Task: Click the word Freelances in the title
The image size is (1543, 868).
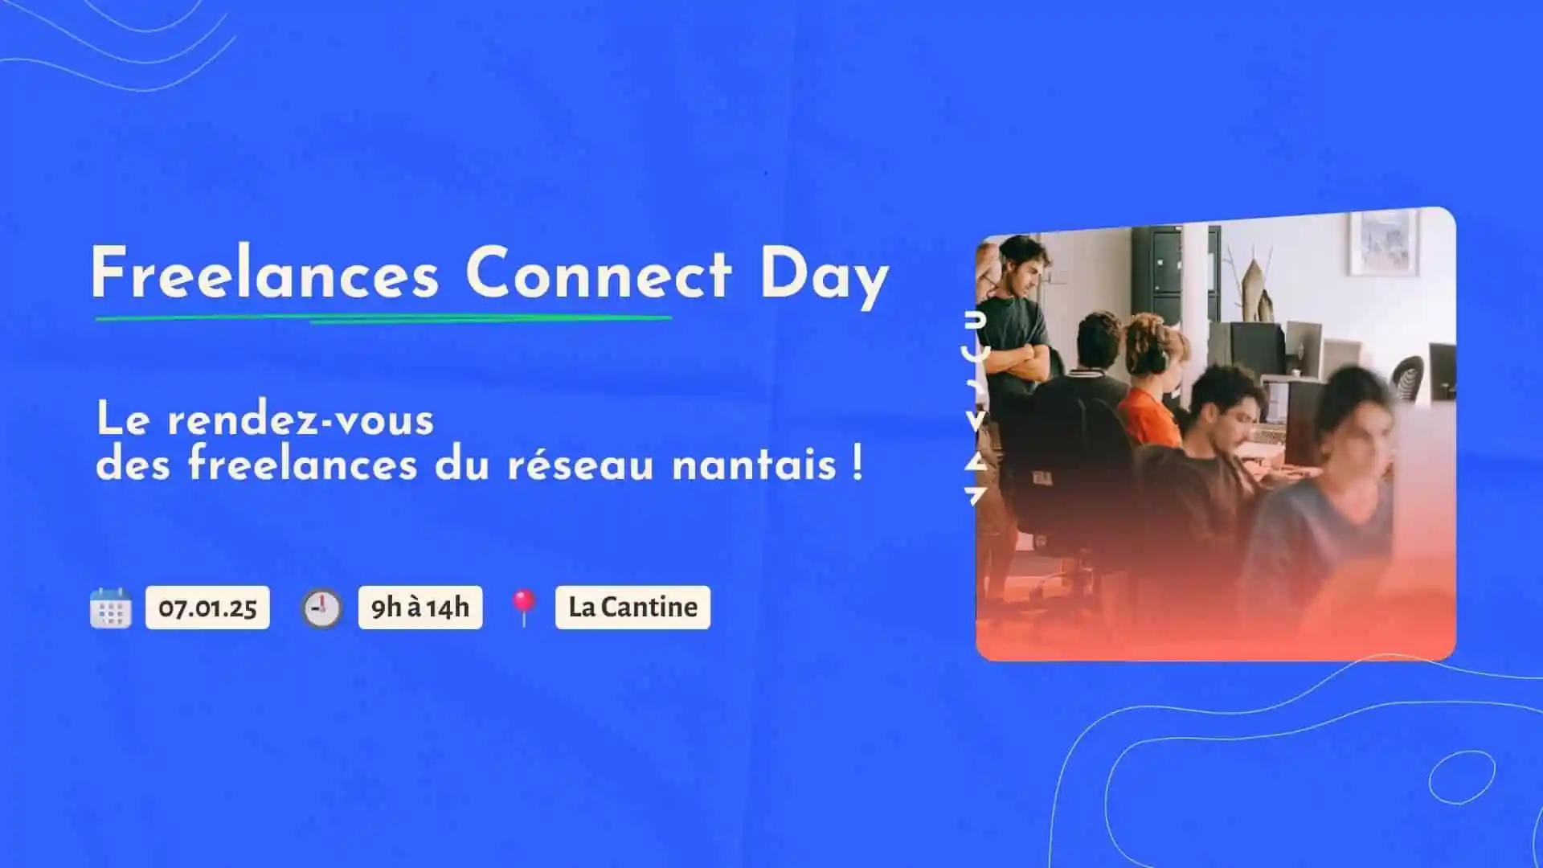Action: coord(265,273)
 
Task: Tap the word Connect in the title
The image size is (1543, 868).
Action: coord(599,273)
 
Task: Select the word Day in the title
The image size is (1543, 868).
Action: coord(825,277)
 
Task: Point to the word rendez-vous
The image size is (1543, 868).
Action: coord(301,420)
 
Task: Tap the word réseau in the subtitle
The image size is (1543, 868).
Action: coord(580,465)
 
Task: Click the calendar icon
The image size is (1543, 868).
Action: coord(111,608)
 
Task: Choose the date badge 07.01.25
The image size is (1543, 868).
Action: coord(207,608)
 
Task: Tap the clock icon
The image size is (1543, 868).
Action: coord(321,608)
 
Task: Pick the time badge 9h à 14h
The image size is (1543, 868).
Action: coord(420,608)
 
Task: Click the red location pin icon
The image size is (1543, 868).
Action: coord(524,608)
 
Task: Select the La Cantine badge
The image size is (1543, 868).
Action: coord(632,608)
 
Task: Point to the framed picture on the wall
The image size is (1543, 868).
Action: coord(1383,243)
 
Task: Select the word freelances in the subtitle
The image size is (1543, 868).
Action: coord(303,465)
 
